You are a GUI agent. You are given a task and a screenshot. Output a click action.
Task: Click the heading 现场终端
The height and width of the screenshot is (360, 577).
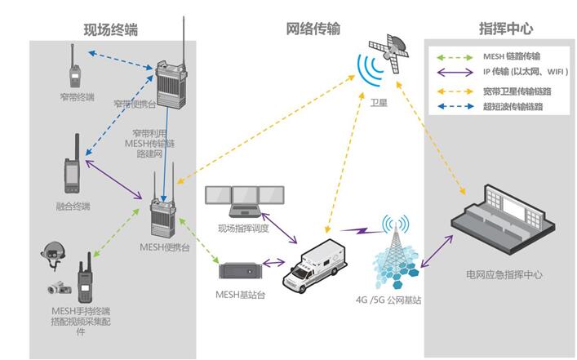click(x=110, y=29)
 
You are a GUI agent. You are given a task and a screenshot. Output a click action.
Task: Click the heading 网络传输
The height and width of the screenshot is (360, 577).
click(x=313, y=29)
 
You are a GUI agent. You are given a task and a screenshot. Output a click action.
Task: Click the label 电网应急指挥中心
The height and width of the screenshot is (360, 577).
click(x=504, y=275)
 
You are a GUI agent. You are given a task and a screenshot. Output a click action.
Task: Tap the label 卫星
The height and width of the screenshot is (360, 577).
click(x=377, y=104)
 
